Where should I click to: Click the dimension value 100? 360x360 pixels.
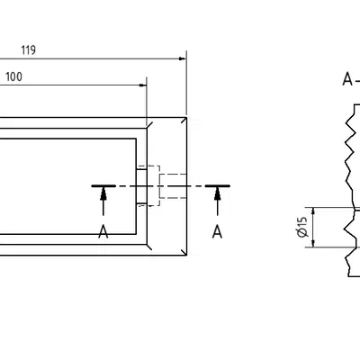pos(13,77)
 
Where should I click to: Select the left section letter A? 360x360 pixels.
pos(103,232)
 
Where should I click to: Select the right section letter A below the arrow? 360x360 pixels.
pos(217,232)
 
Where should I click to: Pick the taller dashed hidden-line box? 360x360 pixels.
pos(154,185)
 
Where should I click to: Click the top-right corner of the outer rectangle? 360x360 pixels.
pos(185,117)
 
